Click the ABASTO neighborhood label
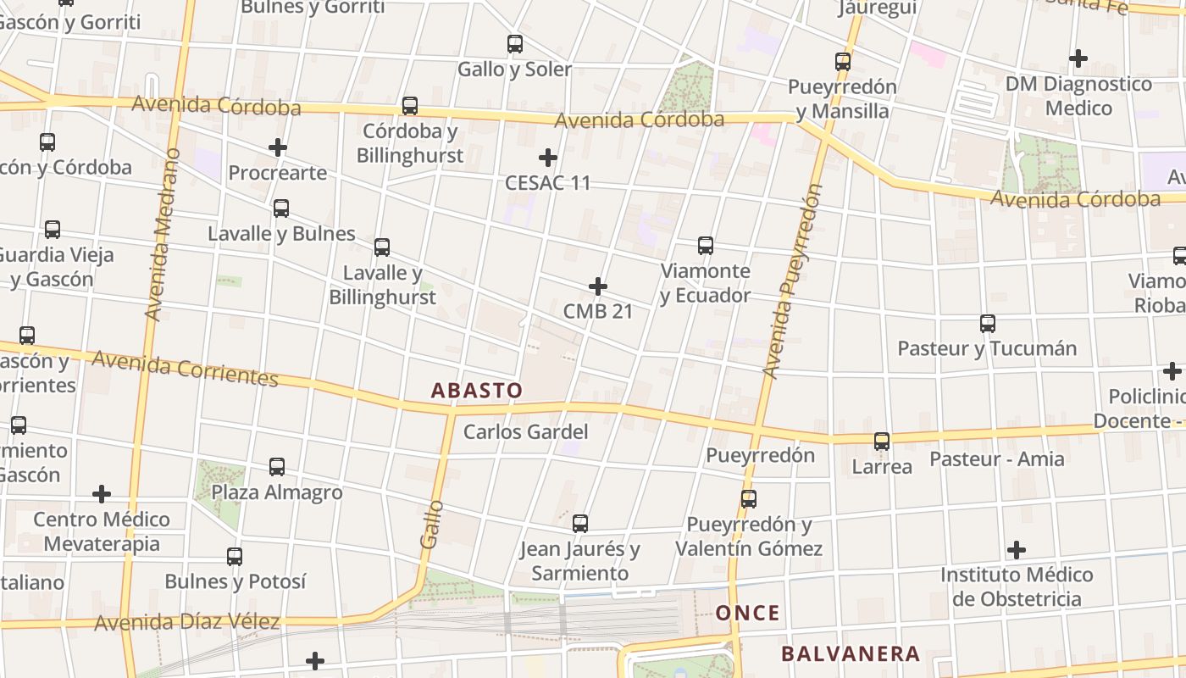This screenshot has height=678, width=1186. pyautogui.click(x=477, y=391)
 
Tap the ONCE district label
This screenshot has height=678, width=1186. pyautogui.click(x=747, y=613)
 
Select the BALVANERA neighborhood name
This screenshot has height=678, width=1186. pyautogui.click(x=850, y=653)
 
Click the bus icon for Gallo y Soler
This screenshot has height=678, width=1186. pyautogui.click(x=515, y=44)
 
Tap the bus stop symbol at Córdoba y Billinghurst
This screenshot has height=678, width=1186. pyautogui.click(x=410, y=106)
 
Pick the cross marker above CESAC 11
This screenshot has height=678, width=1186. pyautogui.click(x=548, y=158)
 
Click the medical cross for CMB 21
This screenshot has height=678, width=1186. pyautogui.click(x=598, y=286)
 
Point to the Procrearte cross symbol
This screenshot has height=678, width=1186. pyautogui.click(x=278, y=147)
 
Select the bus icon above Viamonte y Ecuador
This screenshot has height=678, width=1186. pyautogui.click(x=706, y=246)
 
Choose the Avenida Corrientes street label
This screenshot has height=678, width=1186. pyautogui.click(x=185, y=368)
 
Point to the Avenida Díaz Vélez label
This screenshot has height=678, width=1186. pyautogui.click(x=187, y=622)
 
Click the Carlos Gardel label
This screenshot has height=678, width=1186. pyautogui.click(x=525, y=431)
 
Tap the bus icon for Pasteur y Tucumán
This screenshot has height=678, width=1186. pyautogui.click(x=988, y=324)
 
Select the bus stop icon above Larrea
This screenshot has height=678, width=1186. pyautogui.click(x=882, y=442)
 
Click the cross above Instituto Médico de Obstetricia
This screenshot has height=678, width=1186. pyautogui.click(x=1017, y=550)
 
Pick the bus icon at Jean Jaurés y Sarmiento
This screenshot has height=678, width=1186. pyautogui.click(x=580, y=524)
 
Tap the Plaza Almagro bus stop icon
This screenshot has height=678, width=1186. pyautogui.click(x=277, y=467)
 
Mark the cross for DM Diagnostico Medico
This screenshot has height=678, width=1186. pyautogui.click(x=1078, y=58)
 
